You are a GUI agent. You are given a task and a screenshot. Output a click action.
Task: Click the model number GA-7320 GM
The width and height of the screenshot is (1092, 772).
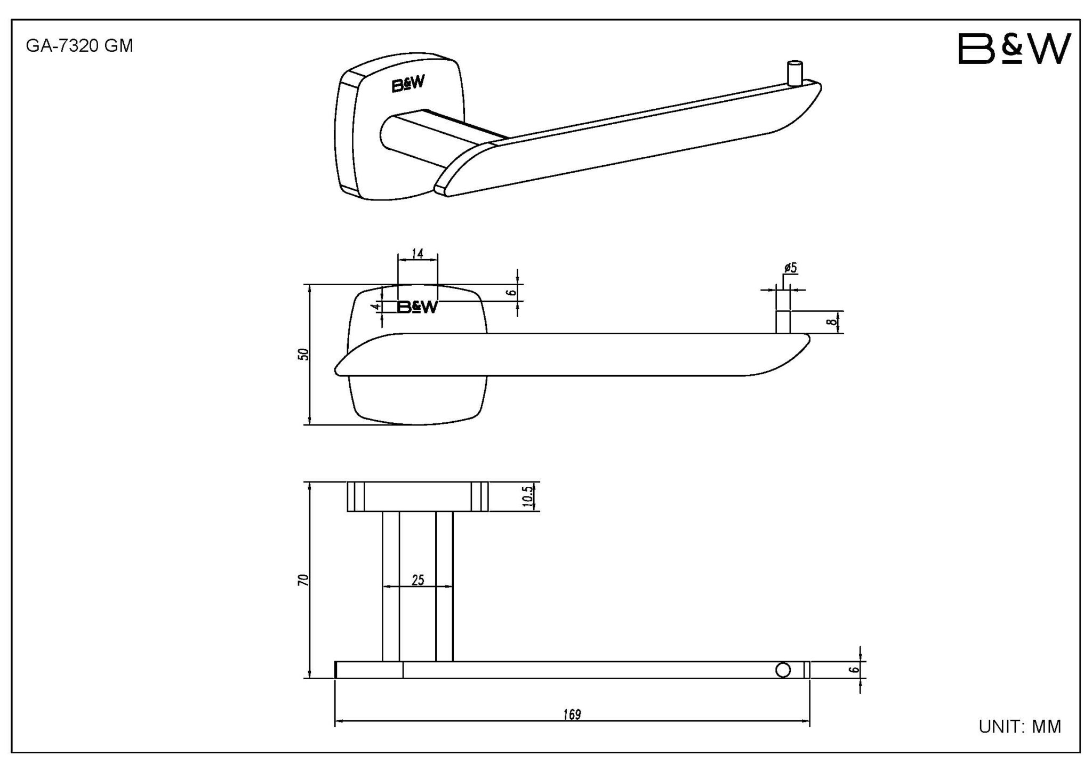click(x=79, y=46)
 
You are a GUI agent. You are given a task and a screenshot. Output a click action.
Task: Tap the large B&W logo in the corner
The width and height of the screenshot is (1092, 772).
click(x=1014, y=49)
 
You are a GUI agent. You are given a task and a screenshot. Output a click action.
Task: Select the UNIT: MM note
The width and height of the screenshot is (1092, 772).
click(x=1019, y=727)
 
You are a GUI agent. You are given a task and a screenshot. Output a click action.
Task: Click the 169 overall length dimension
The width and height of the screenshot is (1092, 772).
click(x=571, y=715)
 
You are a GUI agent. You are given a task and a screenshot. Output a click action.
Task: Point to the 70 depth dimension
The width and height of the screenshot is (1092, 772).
click(x=303, y=580)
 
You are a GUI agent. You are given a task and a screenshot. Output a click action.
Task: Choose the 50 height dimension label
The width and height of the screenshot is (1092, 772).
click(x=303, y=354)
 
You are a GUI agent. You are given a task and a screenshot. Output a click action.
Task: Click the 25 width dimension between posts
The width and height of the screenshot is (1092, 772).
click(x=417, y=580)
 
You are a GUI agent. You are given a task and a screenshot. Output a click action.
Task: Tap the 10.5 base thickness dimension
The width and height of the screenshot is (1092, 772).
click(x=527, y=496)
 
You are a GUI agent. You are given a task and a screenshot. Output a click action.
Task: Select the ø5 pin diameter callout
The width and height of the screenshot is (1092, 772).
click(x=790, y=268)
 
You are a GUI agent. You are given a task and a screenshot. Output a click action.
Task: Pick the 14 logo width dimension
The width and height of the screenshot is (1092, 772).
click(x=417, y=254)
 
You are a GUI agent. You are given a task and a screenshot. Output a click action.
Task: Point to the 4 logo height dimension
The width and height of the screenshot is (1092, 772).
click(x=376, y=307)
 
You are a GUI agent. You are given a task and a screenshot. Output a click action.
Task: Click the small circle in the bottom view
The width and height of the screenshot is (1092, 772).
click(x=783, y=670)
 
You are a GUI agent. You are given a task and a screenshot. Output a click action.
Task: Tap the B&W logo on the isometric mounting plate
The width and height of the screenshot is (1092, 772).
click(x=408, y=84)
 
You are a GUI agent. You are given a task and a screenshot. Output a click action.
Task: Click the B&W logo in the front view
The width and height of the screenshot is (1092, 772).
click(x=417, y=307)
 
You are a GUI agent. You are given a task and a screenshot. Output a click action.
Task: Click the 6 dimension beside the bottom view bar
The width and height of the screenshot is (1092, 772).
click(x=855, y=669)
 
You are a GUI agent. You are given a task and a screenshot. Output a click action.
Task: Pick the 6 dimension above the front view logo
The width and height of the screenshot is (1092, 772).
click(x=511, y=292)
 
